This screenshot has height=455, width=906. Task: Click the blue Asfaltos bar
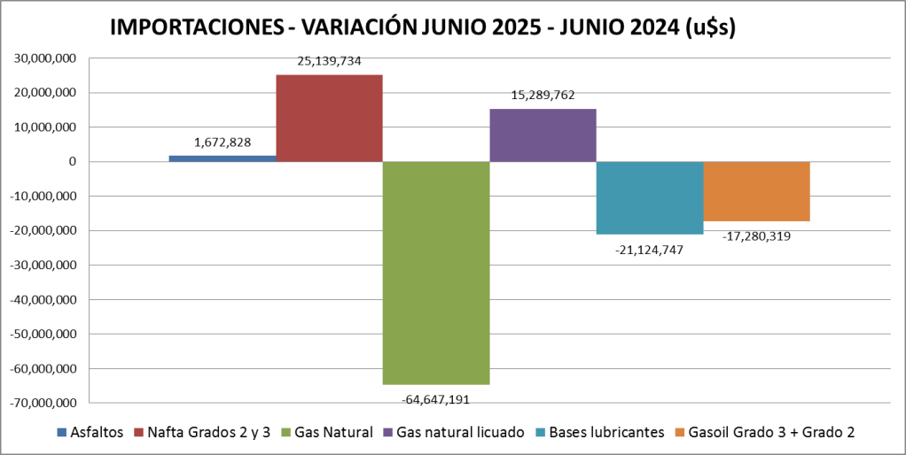click(x=222, y=158)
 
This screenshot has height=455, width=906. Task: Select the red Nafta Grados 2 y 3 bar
click(x=329, y=118)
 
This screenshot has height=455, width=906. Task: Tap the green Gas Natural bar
click(x=435, y=273)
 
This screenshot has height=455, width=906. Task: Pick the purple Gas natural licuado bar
click(x=543, y=135)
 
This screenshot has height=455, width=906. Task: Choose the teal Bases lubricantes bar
click(x=650, y=197)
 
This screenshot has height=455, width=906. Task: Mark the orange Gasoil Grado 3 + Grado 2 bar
click(x=756, y=191)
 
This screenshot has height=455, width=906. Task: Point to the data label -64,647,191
click(x=435, y=399)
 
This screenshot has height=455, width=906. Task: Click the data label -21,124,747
click(x=649, y=249)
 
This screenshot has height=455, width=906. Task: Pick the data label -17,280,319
click(x=756, y=236)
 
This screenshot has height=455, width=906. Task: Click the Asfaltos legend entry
click(x=92, y=432)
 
